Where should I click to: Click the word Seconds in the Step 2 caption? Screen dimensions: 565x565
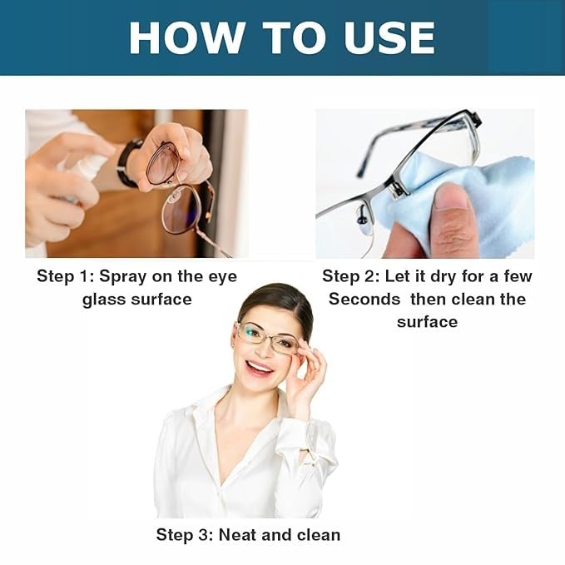tap(364, 299)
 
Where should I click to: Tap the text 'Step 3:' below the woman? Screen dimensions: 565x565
tap(186, 534)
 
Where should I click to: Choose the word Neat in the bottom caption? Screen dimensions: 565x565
tap(237, 534)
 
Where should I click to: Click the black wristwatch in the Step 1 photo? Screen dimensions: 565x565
tap(127, 162)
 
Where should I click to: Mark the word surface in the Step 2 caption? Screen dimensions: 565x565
tap(427, 321)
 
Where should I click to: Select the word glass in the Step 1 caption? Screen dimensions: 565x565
tap(104, 299)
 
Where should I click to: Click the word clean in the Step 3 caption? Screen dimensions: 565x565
tap(315, 534)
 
